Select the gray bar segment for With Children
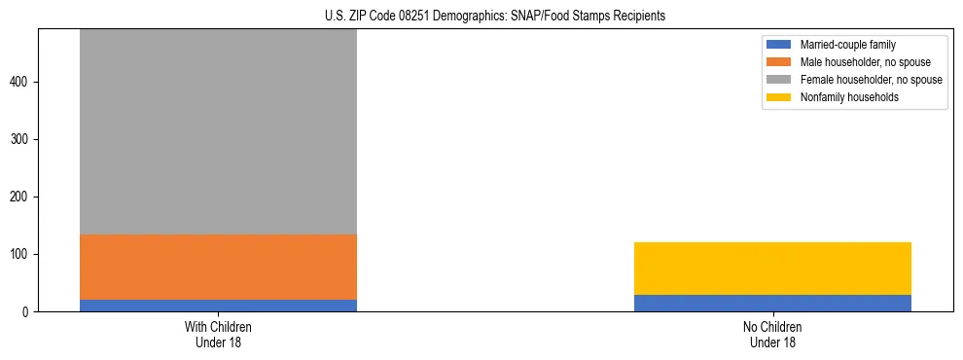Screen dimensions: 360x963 click(x=218, y=131)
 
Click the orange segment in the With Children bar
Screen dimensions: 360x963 click(x=218, y=267)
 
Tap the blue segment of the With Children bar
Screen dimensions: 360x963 click(x=218, y=305)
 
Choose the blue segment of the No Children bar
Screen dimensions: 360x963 click(x=772, y=303)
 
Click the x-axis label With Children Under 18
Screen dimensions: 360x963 click(x=218, y=334)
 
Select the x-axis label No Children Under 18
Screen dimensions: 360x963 click(x=772, y=334)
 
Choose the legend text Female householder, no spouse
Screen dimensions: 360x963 click(x=871, y=80)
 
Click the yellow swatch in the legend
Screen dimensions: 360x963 click(x=779, y=97)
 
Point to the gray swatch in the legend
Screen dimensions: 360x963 click(x=779, y=80)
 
